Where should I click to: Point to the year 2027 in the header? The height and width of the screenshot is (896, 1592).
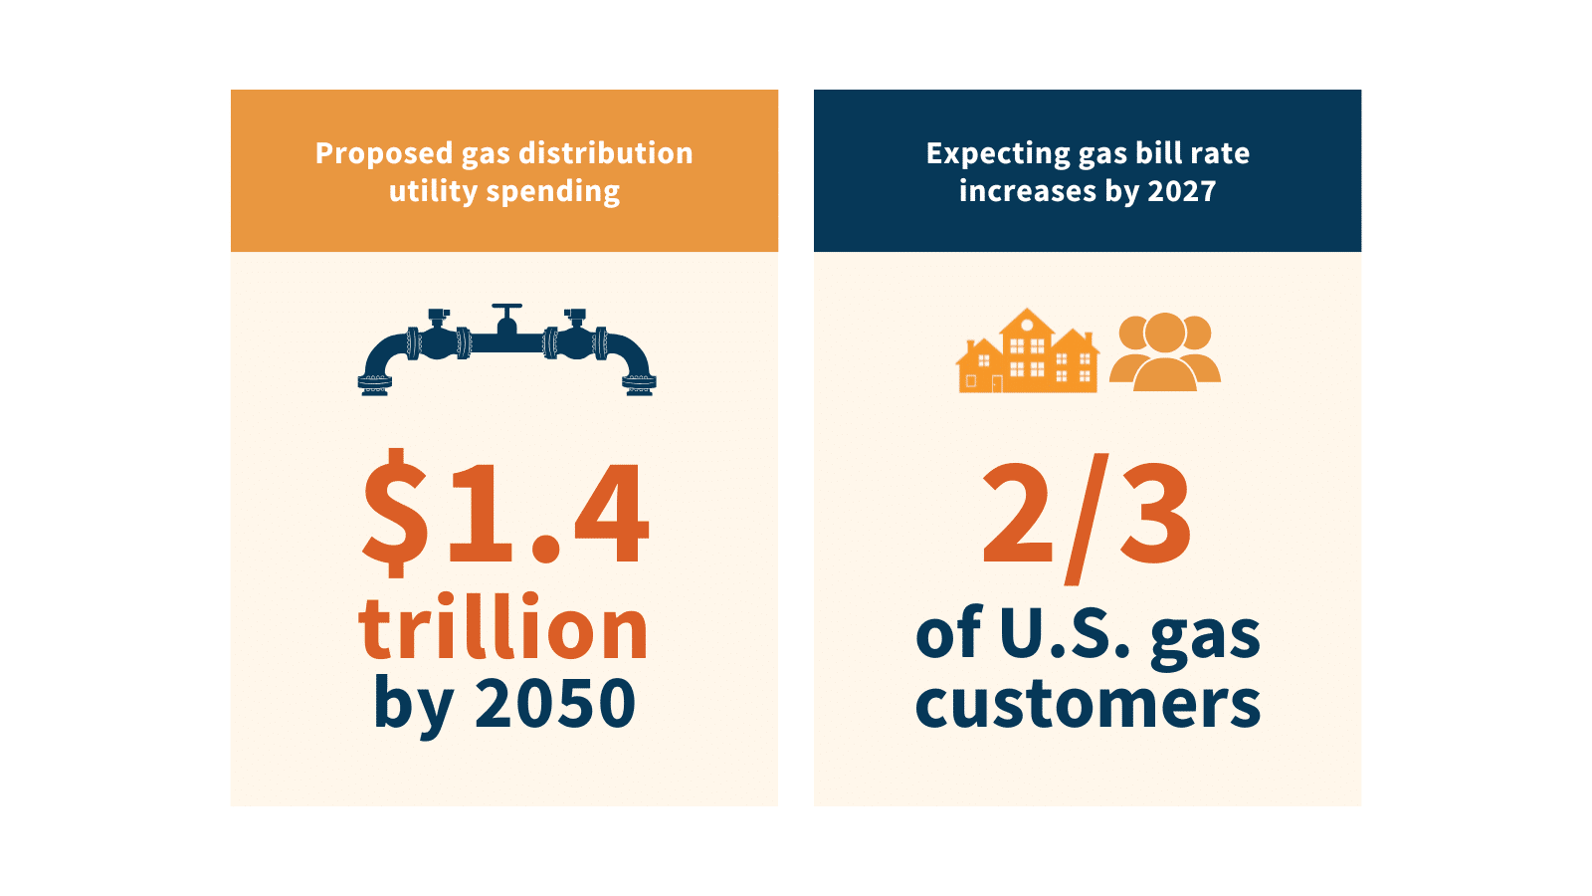click(x=1182, y=191)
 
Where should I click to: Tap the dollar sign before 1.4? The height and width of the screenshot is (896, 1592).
click(x=396, y=512)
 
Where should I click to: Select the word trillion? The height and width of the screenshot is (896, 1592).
click(x=503, y=629)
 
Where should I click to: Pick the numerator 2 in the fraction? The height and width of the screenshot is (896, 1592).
click(x=1017, y=514)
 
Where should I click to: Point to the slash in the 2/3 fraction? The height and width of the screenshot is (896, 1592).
click(x=1087, y=518)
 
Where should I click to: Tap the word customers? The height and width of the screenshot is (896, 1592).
click(x=1088, y=703)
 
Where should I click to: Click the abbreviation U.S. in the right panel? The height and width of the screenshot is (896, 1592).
click(x=1065, y=633)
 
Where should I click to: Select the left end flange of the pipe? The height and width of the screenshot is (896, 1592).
click(x=374, y=384)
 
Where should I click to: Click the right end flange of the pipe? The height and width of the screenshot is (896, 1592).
click(x=639, y=384)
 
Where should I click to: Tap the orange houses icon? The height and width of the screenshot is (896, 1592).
click(x=1027, y=352)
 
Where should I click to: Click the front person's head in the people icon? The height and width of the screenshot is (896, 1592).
click(x=1165, y=333)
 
